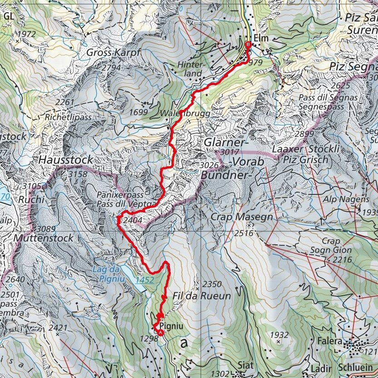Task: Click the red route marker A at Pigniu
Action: click(160, 332)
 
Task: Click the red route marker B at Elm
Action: click(248, 45)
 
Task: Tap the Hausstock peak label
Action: click(65, 160)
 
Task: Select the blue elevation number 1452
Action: click(144, 280)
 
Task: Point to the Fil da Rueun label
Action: click(202, 296)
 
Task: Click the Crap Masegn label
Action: click(242, 217)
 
